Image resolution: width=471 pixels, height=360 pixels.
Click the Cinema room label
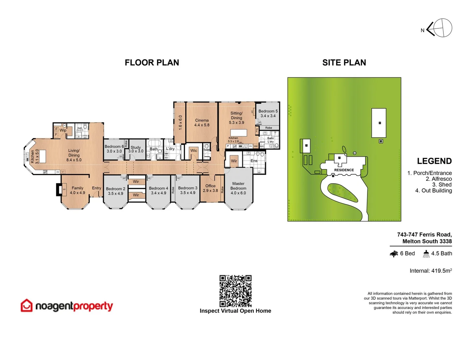point(202,122)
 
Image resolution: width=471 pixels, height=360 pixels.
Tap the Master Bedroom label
point(238,188)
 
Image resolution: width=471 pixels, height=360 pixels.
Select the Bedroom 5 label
point(268,113)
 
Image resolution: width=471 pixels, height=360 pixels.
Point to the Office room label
point(210,188)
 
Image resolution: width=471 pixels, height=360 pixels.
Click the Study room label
point(136,149)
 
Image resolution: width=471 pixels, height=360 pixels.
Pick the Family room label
point(77,190)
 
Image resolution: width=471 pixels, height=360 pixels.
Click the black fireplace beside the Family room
point(59,190)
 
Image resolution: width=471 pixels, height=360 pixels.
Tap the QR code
point(235,291)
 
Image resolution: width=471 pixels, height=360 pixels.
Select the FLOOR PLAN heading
point(152,63)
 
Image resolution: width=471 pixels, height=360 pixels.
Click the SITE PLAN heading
point(344,63)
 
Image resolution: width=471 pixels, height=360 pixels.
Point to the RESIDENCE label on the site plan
point(344,170)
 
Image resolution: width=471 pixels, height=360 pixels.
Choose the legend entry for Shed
point(442,185)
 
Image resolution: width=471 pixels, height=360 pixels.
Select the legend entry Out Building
point(433,191)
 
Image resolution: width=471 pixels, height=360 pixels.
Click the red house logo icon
point(27,305)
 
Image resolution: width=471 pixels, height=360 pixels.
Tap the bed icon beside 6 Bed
point(394,254)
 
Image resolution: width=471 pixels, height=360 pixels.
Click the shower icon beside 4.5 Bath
point(426,254)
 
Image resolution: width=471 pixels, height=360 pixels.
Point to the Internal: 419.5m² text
point(431,271)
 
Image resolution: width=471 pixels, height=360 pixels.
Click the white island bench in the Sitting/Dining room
point(238,133)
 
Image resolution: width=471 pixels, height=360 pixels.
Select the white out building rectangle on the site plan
point(379,123)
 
